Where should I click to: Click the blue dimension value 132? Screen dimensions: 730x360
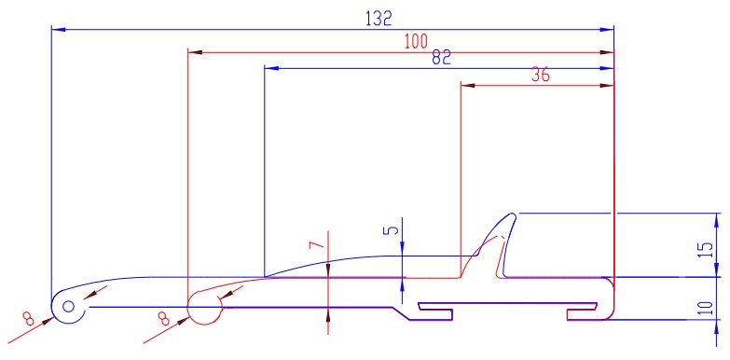[379, 18]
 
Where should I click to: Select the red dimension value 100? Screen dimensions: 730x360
[416, 42]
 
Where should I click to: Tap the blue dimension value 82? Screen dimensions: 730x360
[441, 57]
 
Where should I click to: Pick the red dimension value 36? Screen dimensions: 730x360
[540, 75]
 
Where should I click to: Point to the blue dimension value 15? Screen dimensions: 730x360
[707, 251]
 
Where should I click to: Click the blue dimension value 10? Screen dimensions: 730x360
[707, 309]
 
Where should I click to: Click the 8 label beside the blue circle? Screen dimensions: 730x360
[28, 320]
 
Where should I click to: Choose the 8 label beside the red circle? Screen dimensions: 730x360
[163, 320]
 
